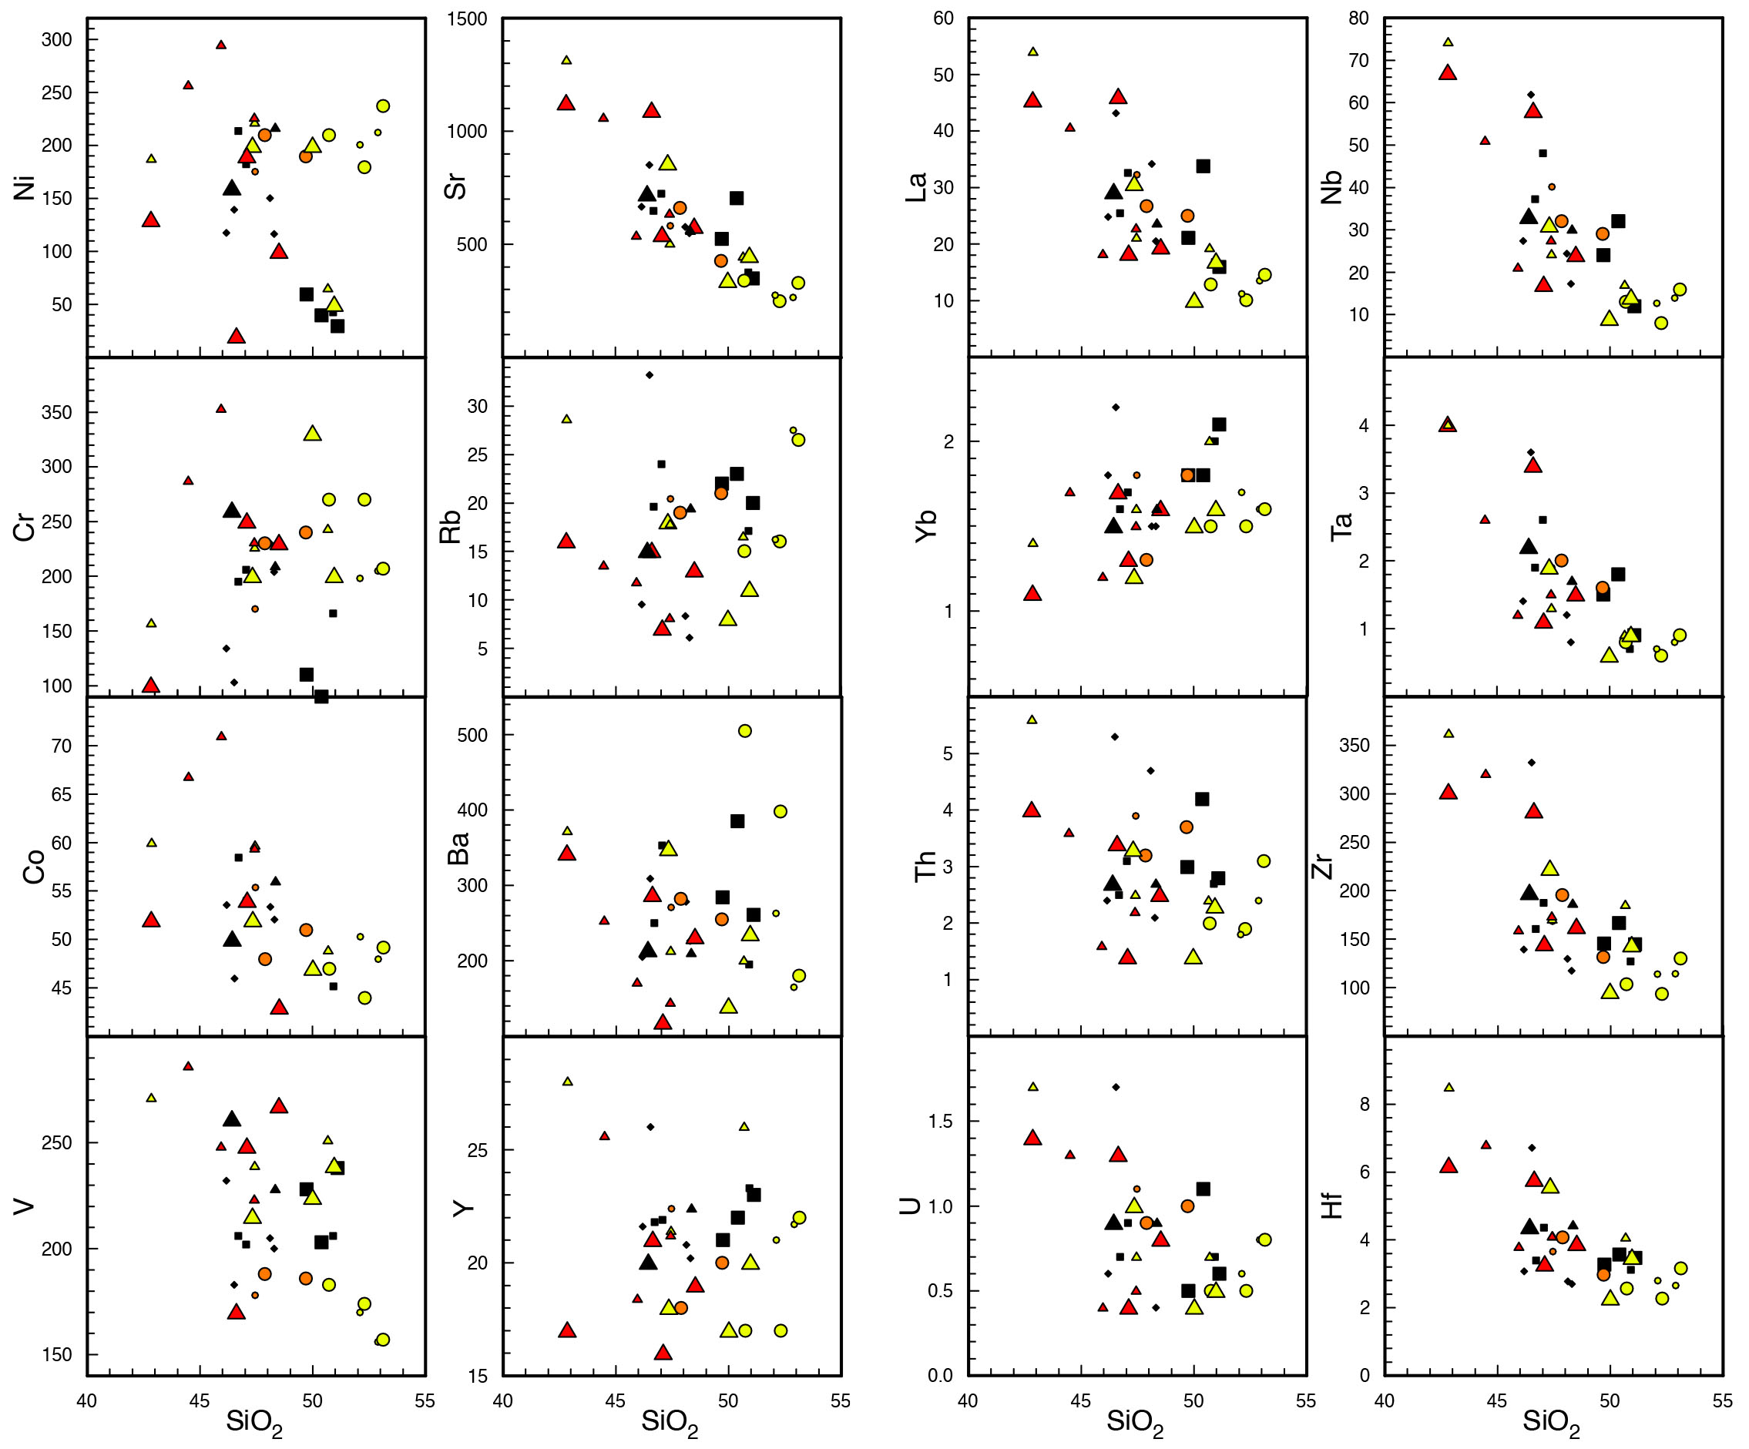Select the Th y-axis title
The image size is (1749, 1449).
[925, 866]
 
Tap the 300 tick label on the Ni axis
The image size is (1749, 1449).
[57, 39]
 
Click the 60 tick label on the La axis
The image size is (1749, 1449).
[943, 18]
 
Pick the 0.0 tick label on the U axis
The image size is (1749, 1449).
[940, 1376]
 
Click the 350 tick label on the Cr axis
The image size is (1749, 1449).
[57, 412]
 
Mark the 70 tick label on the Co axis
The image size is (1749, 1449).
[62, 746]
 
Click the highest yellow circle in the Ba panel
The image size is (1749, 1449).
[744, 731]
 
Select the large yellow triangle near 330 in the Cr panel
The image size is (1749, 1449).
[312, 433]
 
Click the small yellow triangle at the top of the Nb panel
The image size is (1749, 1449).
[1448, 42]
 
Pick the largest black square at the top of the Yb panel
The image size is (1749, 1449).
[1220, 424]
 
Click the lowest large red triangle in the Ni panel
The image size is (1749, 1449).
[237, 337]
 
